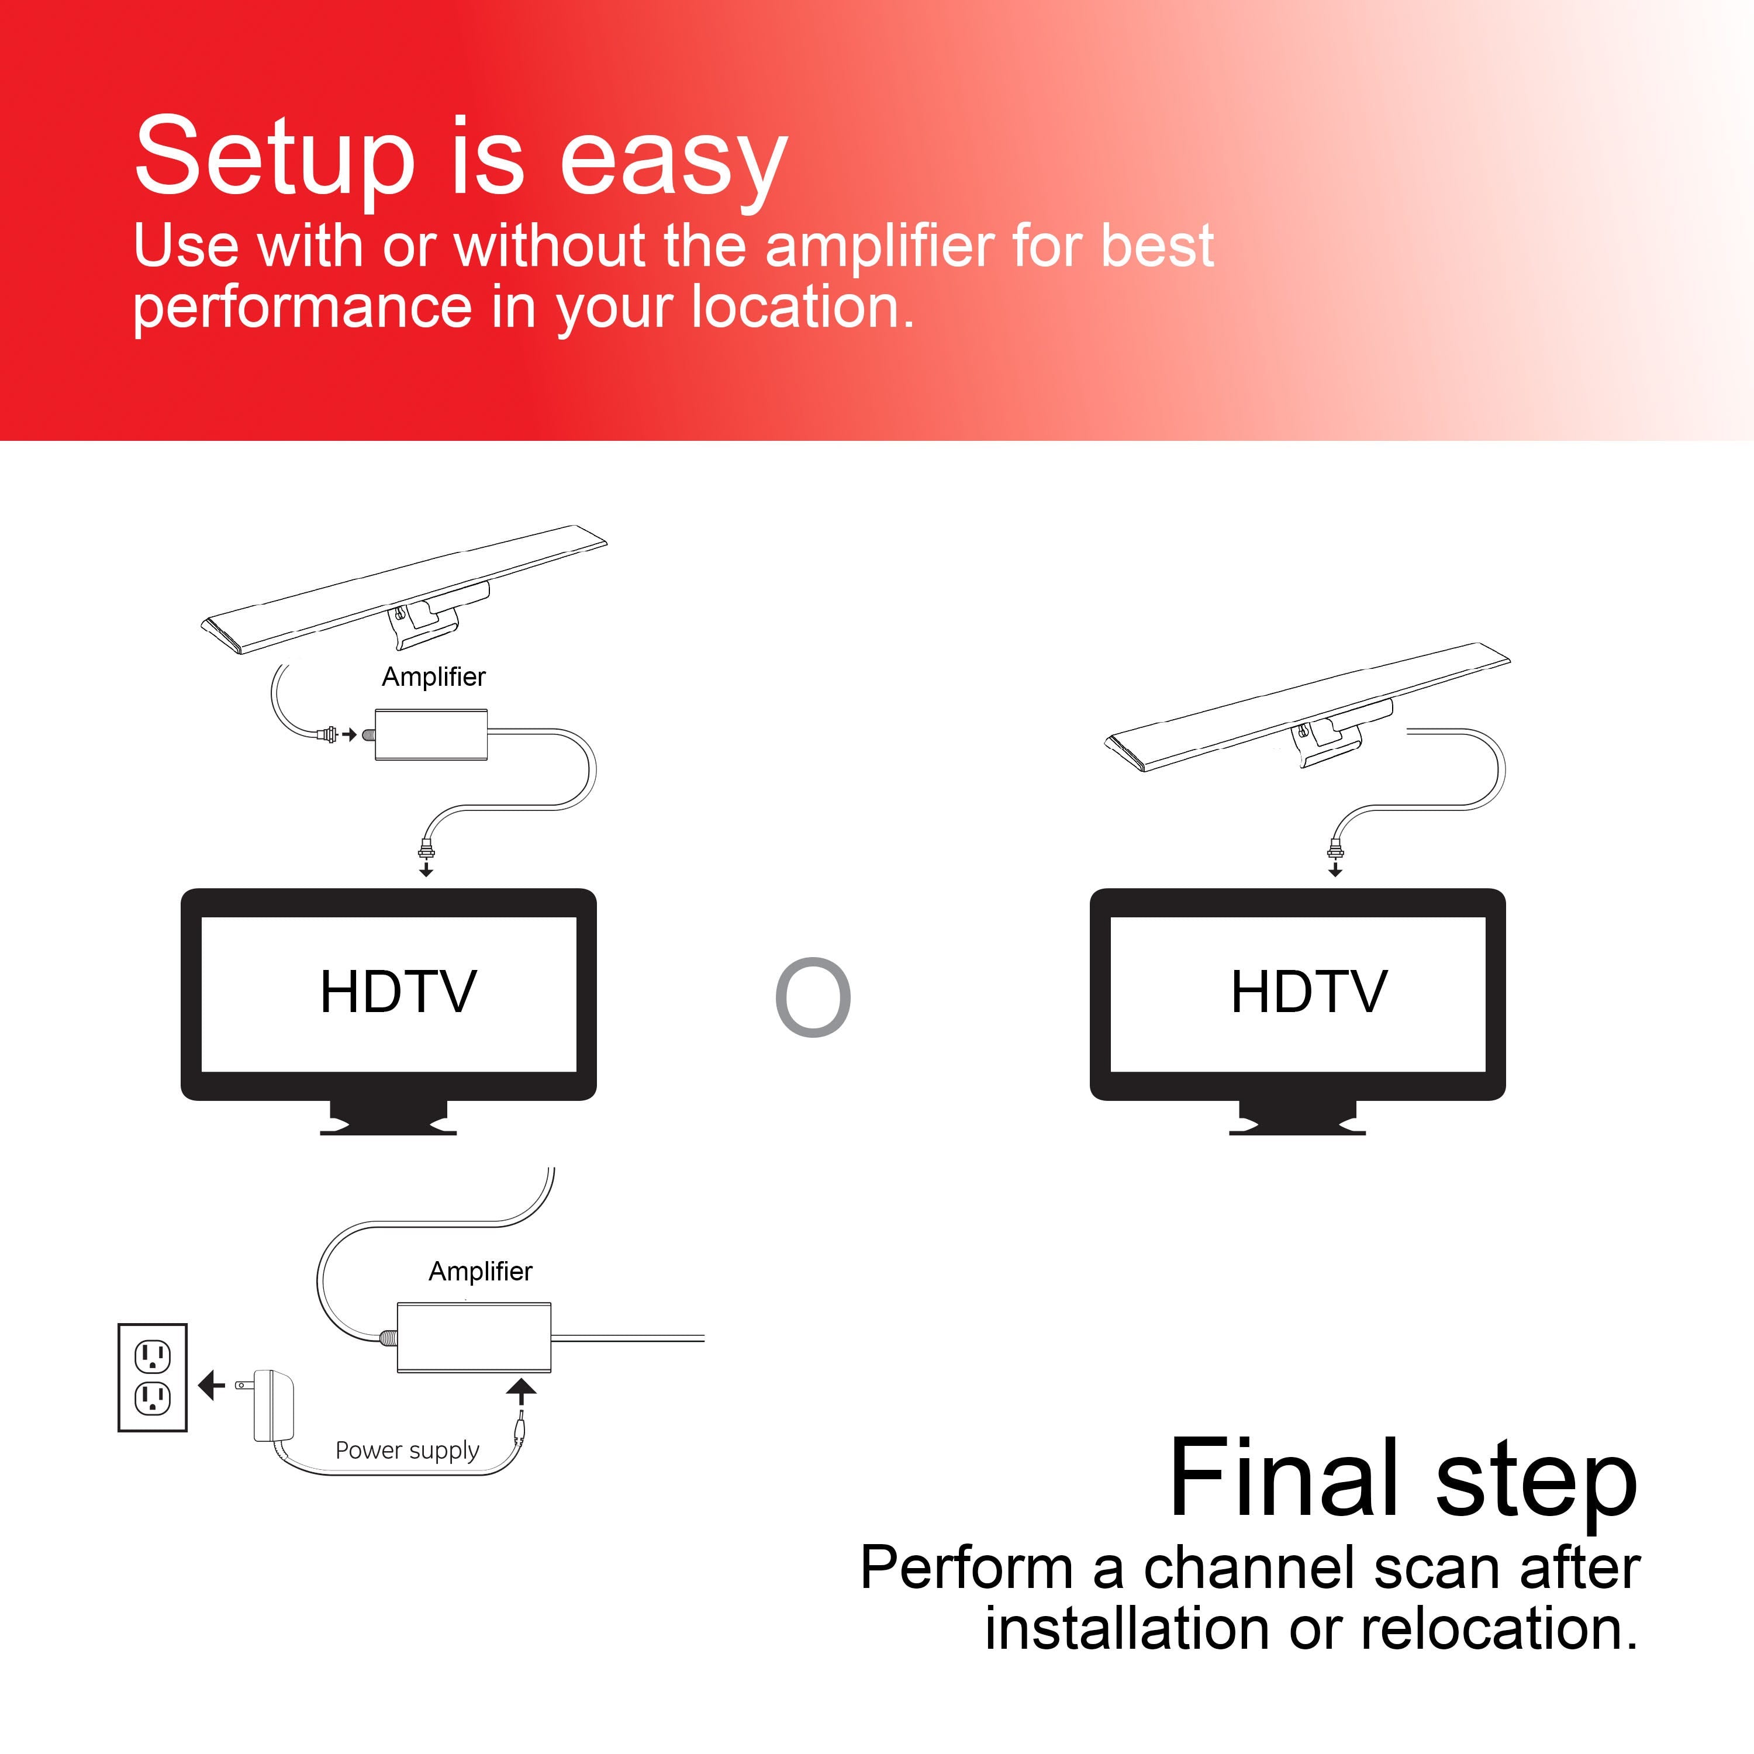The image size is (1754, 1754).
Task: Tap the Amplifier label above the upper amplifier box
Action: tap(433, 676)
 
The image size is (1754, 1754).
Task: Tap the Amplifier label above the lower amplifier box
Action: tap(480, 1271)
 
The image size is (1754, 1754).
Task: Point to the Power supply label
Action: tap(407, 1450)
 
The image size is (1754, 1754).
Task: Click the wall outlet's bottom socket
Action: tap(153, 1399)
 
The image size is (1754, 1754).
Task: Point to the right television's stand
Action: tap(1297, 1117)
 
